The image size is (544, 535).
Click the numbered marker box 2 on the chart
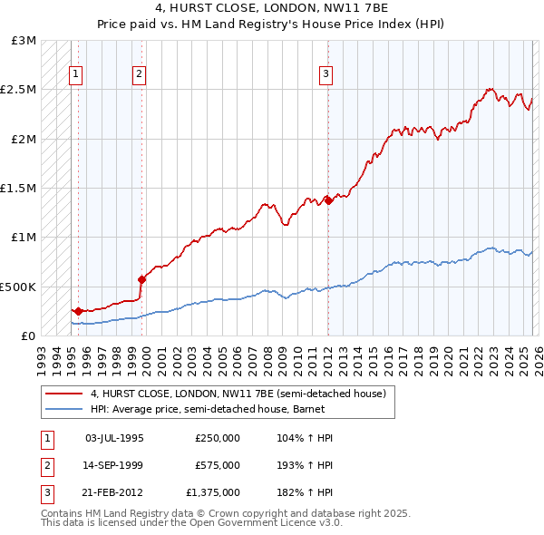tap(139, 75)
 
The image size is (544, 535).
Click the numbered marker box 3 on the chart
tap(325, 75)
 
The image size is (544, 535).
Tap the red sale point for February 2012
tap(328, 200)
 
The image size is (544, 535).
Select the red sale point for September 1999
tap(141, 279)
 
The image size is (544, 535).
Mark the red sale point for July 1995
tap(78, 311)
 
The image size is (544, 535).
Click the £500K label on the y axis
tap(20, 287)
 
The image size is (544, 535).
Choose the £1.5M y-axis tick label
tap(20, 189)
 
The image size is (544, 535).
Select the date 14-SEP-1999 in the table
tap(113, 464)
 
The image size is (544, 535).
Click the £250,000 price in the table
tap(217, 438)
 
